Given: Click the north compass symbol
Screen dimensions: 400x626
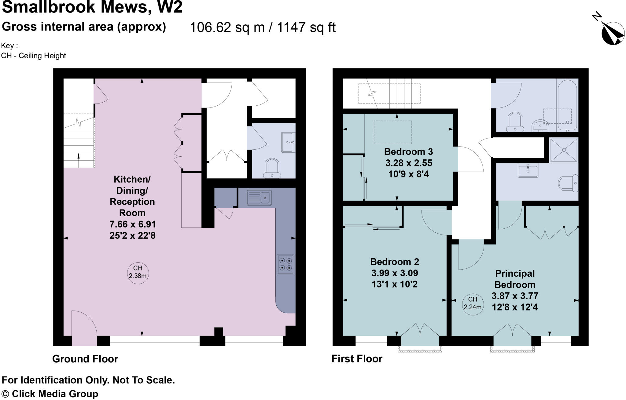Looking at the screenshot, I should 613,34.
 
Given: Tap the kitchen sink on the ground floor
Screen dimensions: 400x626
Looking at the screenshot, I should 259,198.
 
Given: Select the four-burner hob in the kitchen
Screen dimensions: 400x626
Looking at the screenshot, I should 285,264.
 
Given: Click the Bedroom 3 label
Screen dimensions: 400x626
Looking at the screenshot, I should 408,152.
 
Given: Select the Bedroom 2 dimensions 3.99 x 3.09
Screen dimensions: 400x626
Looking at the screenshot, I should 394,273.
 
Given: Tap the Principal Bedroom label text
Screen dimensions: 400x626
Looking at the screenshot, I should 515,279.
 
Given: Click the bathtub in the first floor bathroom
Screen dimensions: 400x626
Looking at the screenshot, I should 567,105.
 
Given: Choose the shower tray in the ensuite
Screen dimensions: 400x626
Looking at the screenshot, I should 564,150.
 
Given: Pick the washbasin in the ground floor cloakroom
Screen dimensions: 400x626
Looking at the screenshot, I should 288,142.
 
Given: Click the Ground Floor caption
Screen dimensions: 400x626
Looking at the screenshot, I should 85,359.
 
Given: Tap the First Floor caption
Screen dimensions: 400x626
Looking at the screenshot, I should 357,359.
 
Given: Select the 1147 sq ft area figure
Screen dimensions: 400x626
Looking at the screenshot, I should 306,27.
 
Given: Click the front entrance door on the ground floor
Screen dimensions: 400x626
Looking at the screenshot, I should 84,328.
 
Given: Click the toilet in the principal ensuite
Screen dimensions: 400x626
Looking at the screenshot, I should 568,184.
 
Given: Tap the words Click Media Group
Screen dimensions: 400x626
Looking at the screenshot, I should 55,394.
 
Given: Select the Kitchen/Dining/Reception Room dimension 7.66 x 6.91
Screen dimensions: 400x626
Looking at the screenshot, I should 132,224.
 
